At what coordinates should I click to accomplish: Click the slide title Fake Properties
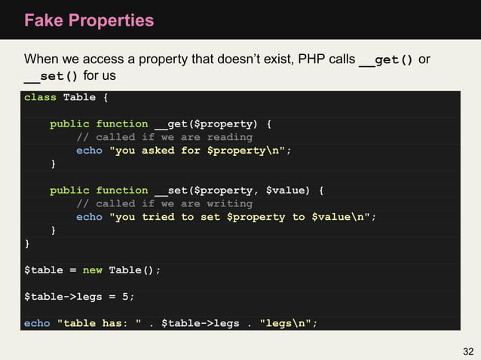(x=89, y=20)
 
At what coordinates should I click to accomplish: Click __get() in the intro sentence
(x=386, y=59)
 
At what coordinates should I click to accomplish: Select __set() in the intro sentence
(x=51, y=76)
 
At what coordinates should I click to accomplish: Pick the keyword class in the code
(x=40, y=97)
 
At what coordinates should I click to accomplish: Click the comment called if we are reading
(x=164, y=137)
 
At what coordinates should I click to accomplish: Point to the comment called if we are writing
(x=164, y=203)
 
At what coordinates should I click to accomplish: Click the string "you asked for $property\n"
(x=199, y=151)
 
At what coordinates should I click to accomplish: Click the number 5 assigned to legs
(x=125, y=297)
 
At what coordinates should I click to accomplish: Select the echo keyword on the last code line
(x=37, y=323)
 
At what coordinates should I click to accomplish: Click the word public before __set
(x=69, y=191)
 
